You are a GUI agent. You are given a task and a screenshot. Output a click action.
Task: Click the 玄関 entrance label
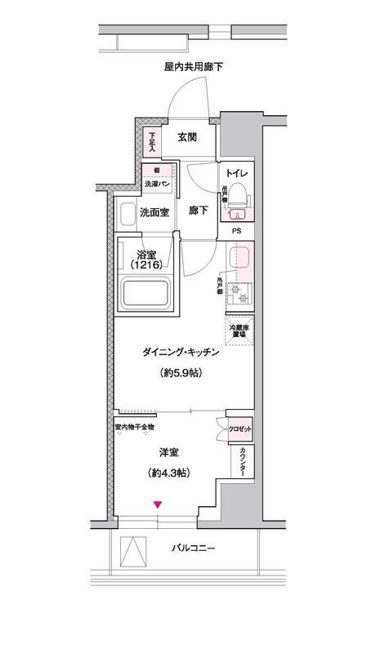(x=186, y=137)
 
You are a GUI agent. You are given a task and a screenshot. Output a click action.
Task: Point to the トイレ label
(x=238, y=174)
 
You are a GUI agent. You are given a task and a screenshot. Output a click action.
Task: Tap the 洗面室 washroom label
(x=154, y=214)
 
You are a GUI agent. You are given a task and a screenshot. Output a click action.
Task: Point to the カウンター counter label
(x=245, y=463)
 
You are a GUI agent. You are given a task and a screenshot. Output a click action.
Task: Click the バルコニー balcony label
(x=194, y=548)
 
